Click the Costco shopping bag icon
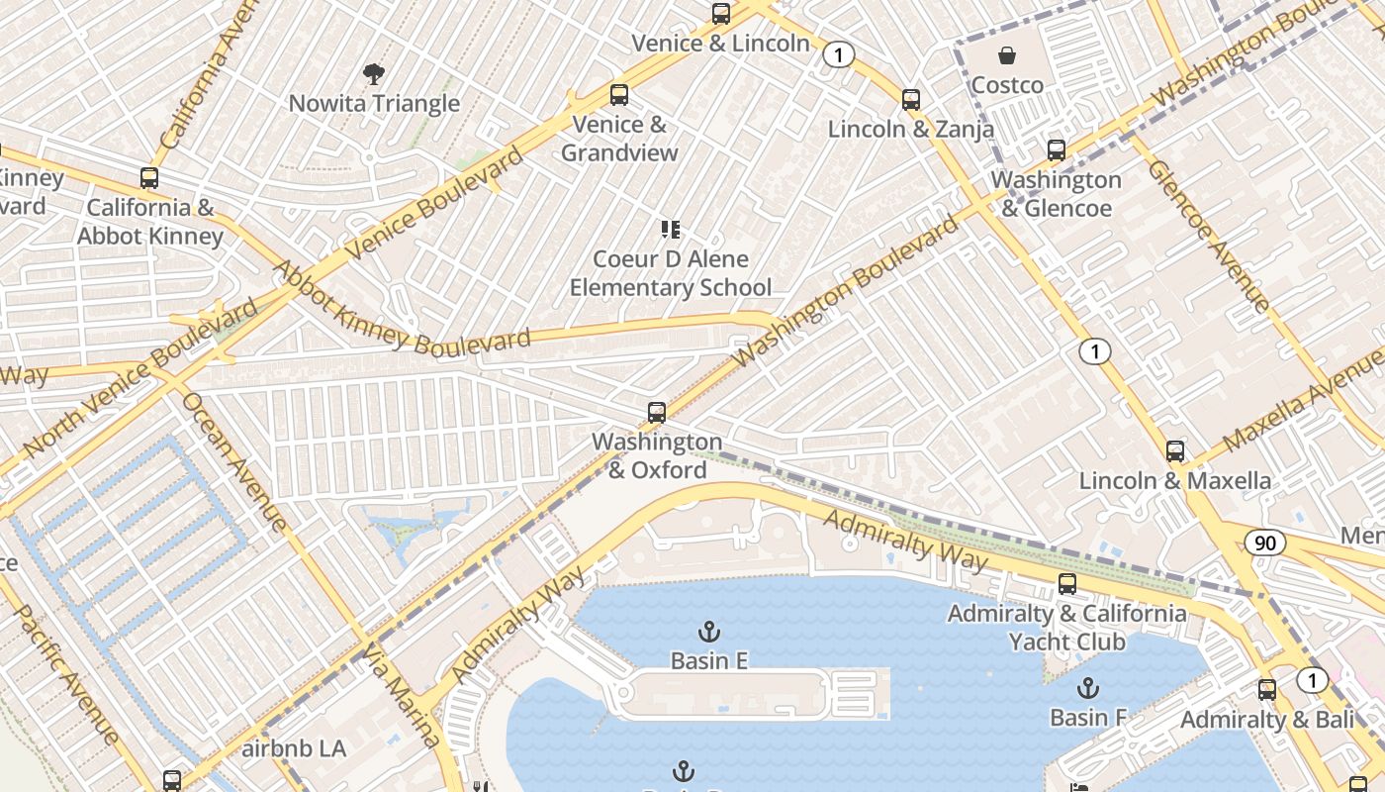[x=1007, y=55]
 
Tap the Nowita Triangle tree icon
[x=374, y=73]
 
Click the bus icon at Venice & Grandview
[x=619, y=95]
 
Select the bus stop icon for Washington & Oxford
[x=657, y=413]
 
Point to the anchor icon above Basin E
[x=708, y=632]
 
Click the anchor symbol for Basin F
[x=1088, y=688]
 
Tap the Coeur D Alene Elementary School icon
[x=671, y=231]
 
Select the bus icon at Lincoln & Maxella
[x=1175, y=451]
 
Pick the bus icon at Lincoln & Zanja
[x=911, y=100]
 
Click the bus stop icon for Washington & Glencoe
[x=1057, y=151]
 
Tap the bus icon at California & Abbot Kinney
[x=149, y=178]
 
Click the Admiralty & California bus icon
[x=1067, y=584]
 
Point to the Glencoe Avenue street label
[x=1208, y=236]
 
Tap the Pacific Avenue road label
[x=68, y=674]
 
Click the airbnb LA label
[x=294, y=748]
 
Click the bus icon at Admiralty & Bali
[x=1267, y=690]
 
